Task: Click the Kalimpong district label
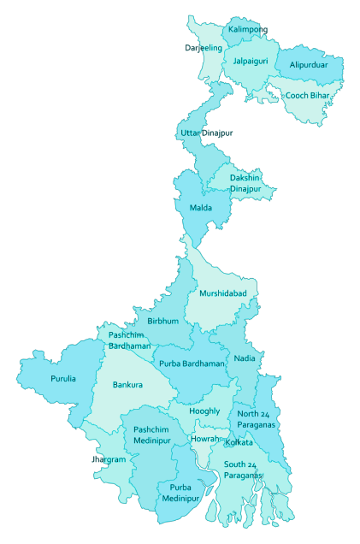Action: coord(246,30)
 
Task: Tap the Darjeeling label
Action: coord(204,48)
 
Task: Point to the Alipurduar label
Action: coord(309,65)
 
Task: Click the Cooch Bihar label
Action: coord(309,96)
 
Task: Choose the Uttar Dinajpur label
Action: coord(206,133)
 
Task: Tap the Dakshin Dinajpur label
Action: coord(245,183)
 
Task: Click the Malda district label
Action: coord(201,208)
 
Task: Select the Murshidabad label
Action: coord(223,293)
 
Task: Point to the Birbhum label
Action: coord(162,321)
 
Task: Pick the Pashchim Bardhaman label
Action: coord(129,340)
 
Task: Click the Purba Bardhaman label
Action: coord(192,364)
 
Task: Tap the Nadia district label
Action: coord(244,358)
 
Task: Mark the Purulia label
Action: coord(63,378)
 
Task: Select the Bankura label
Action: coord(127,385)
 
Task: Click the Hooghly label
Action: coord(205,411)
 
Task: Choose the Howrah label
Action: coord(206,439)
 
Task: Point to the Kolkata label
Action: coord(239,442)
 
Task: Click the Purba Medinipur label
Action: coord(179,494)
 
